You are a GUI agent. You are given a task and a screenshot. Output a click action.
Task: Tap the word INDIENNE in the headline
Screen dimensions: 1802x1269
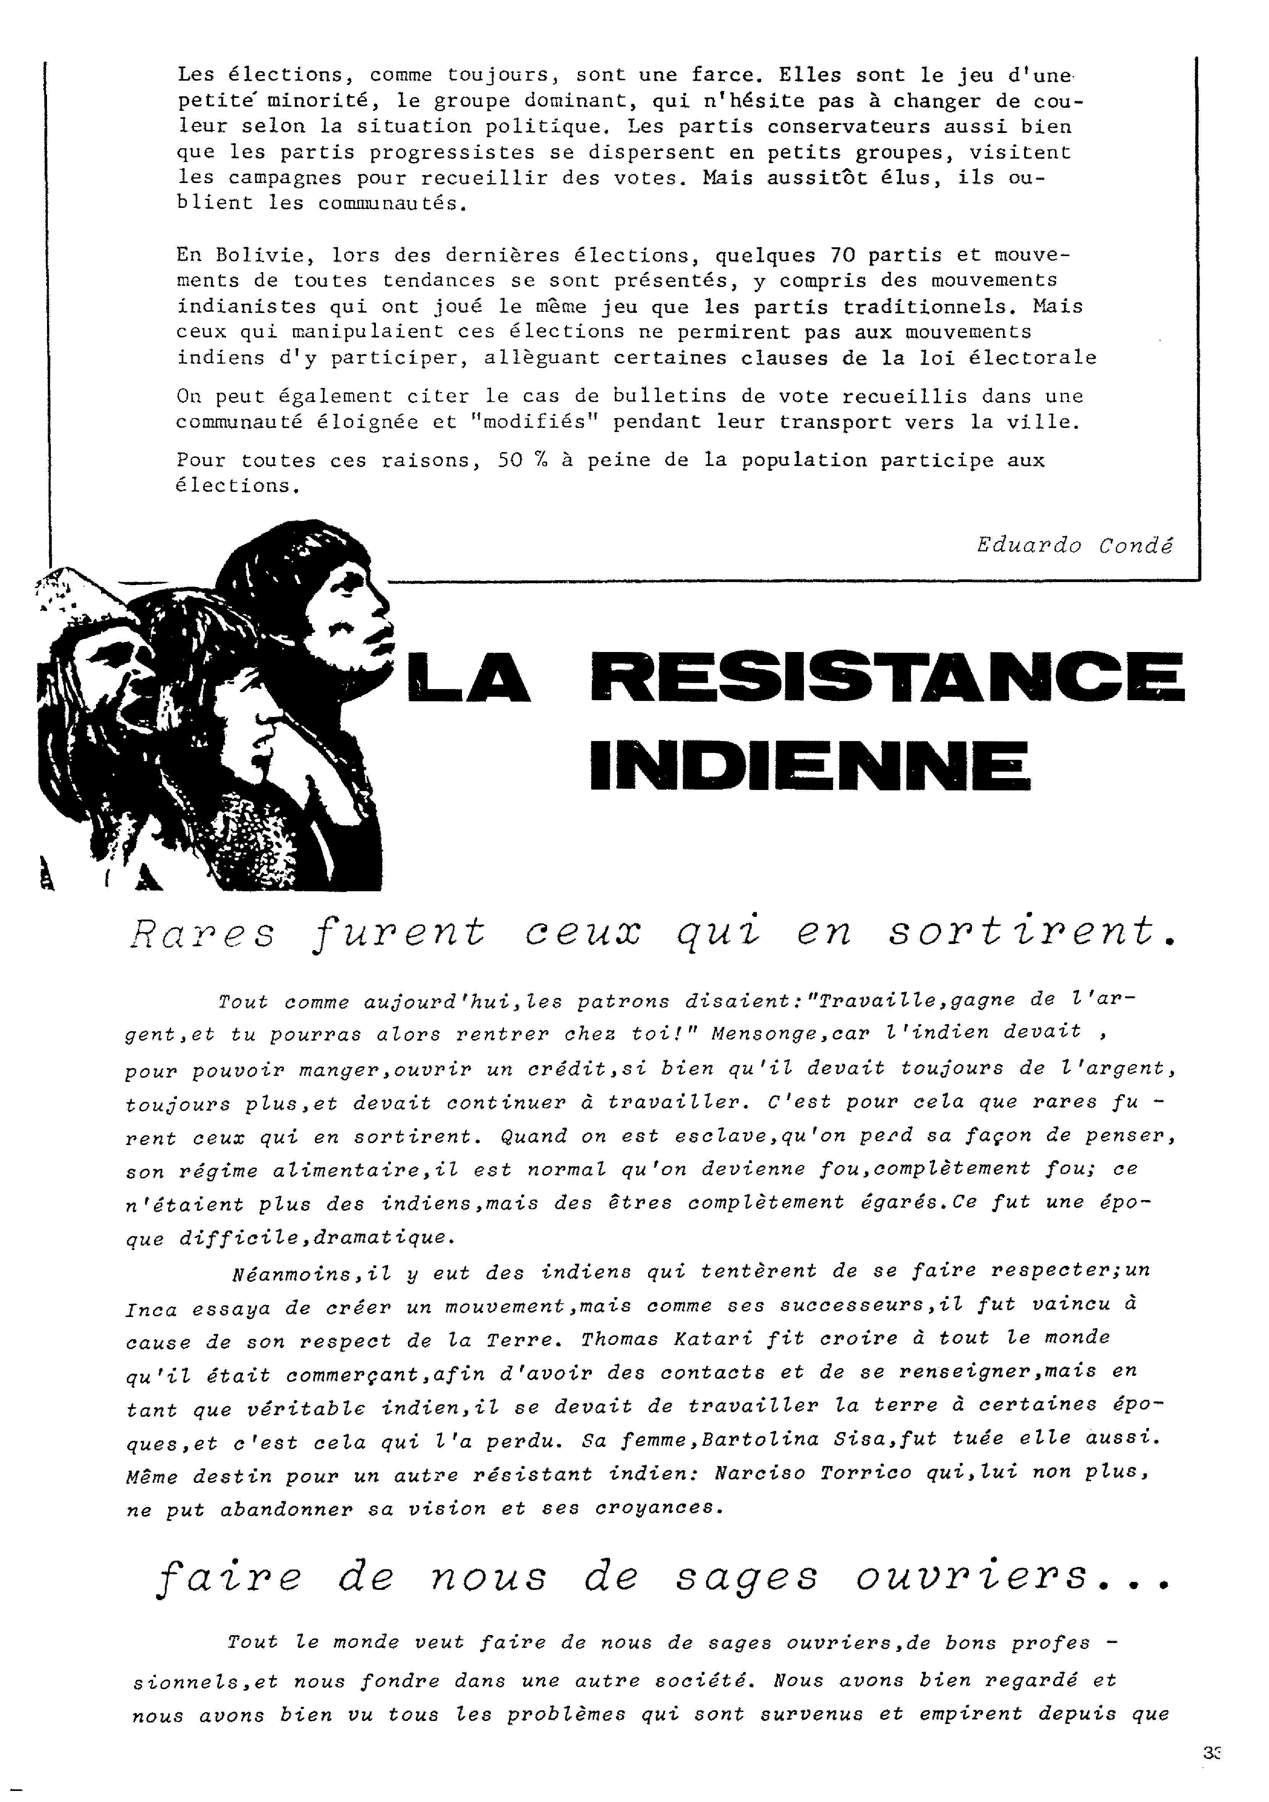coord(808,765)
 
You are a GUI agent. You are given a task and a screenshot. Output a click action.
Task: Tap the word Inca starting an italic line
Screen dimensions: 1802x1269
coord(149,1309)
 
